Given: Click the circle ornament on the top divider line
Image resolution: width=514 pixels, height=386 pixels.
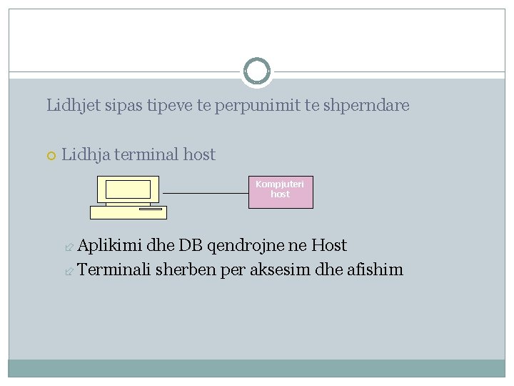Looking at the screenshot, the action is (257, 71).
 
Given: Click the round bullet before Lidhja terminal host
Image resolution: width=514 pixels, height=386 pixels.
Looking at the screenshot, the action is (51, 155).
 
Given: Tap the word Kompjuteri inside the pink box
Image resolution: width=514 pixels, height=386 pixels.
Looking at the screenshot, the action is (280, 184).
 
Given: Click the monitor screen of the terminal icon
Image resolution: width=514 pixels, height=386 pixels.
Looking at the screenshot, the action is (128, 189).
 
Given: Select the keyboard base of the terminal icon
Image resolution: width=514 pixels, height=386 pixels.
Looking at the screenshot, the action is (128, 212).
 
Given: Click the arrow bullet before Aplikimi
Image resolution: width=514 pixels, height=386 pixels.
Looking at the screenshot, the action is (69, 247).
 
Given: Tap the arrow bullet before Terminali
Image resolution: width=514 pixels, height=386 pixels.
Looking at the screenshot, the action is (69, 270).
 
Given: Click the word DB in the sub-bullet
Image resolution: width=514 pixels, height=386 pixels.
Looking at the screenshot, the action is (191, 246).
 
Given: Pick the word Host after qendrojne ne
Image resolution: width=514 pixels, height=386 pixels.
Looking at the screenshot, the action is (329, 246).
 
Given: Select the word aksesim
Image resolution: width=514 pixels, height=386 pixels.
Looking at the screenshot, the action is (277, 269).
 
